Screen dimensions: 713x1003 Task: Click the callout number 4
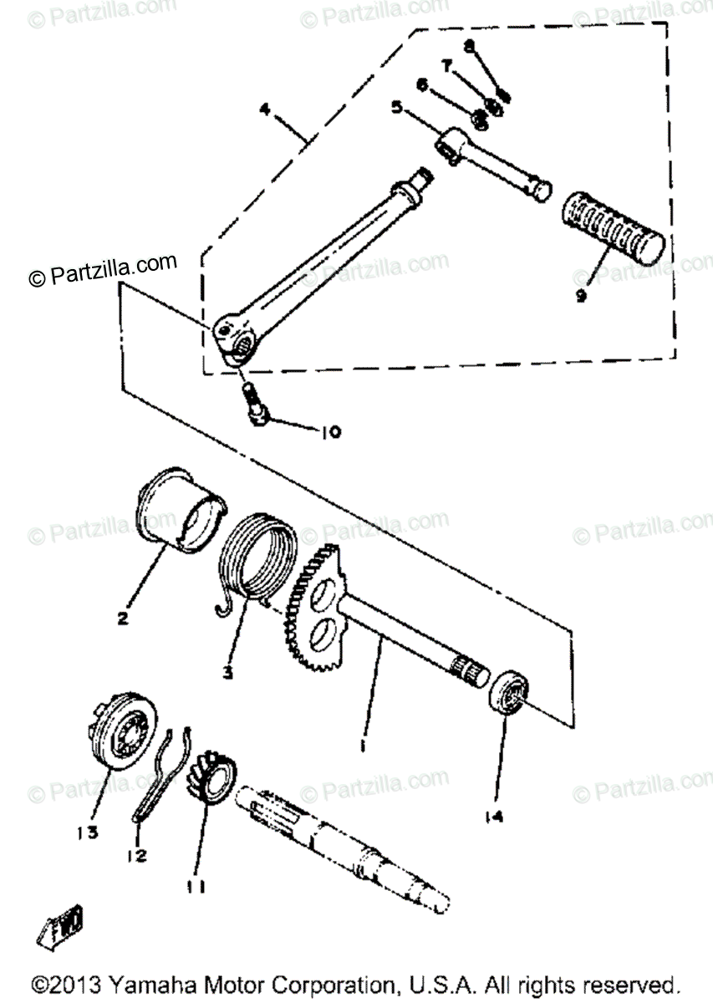(264, 109)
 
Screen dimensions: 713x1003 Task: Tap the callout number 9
(580, 294)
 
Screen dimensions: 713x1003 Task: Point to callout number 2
(122, 619)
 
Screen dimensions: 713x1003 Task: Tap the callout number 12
(136, 856)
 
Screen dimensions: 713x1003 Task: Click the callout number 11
(198, 884)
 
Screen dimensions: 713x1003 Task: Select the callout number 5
(396, 108)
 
